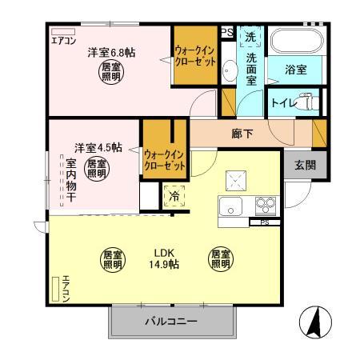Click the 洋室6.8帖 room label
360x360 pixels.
pyautogui.click(x=111, y=53)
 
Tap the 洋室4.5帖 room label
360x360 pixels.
pyautogui.click(x=98, y=147)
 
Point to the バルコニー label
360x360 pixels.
pyautogui.click(x=171, y=324)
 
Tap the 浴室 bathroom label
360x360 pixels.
pyautogui.click(x=296, y=70)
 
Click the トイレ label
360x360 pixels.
pyautogui.click(x=284, y=102)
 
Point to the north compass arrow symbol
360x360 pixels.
pyautogui.click(x=315, y=322)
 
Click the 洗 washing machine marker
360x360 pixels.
pyautogui.click(x=250, y=37)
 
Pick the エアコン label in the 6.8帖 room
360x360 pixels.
pyautogui.click(x=63, y=40)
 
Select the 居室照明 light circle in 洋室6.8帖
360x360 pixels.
pyautogui.click(x=111, y=74)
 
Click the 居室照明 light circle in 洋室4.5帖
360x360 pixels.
pyautogui.click(x=97, y=169)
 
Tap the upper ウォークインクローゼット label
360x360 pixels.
pyautogui.click(x=195, y=57)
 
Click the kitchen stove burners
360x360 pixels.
pyautogui.click(x=265, y=206)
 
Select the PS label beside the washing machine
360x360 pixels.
pyautogui.click(x=227, y=32)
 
